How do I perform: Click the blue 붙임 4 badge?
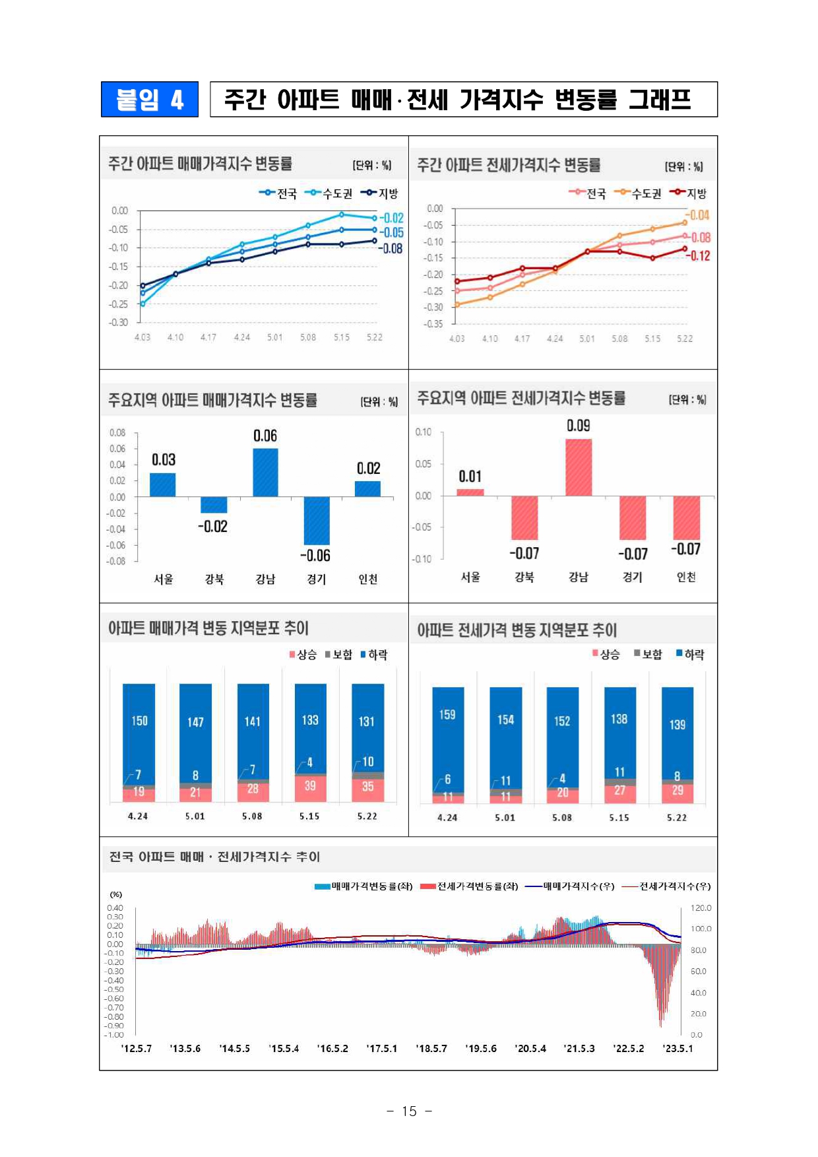[150, 99]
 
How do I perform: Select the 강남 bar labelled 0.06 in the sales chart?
[265, 473]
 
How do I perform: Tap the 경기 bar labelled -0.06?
[317, 520]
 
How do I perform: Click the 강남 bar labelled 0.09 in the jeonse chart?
[579, 467]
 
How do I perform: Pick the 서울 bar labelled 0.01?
[470, 492]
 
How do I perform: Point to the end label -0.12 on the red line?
[700, 256]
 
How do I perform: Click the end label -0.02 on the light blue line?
[392, 218]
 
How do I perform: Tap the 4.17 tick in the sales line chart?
[208, 337]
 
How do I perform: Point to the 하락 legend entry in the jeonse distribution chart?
[690, 654]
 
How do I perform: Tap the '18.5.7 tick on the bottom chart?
[431, 1049]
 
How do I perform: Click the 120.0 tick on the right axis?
[701, 908]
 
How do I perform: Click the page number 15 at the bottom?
[409, 1111]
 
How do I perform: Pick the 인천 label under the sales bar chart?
[368, 579]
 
